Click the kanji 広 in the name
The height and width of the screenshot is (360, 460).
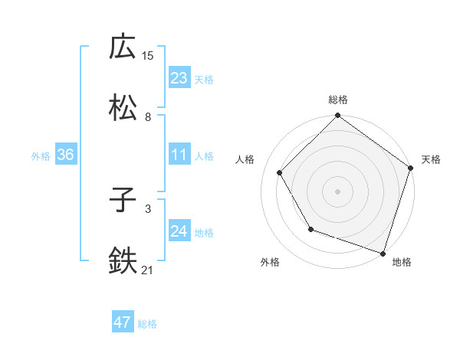pyautogui.click(x=123, y=47)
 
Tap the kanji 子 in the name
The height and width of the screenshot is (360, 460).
pyautogui.click(x=123, y=202)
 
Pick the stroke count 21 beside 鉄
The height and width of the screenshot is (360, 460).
pyautogui.click(x=148, y=269)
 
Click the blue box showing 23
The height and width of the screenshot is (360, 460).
pyautogui.click(x=179, y=78)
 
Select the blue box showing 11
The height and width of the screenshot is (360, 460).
pyautogui.click(x=179, y=155)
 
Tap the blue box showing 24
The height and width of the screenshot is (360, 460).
pyautogui.click(x=179, y=231)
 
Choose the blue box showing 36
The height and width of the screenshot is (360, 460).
pyautogui.click(x=65, y=155)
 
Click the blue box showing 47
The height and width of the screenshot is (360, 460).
pyautogui.click(x=123, y=322)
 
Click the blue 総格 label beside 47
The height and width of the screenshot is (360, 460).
pyautogui.click(x=147, y=324)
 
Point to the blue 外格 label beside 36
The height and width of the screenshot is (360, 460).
pyautogui.click(x=41, y=156)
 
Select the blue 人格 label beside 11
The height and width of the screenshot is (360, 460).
pyautogui.click(x=204, y=156)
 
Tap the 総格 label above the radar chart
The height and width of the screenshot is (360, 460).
pyautogui.click(x=338, y=100)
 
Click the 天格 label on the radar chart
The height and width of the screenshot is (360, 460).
pyautogui.click(x=432, y=159)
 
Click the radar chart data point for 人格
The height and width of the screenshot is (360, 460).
pyautogui.click(x=280, y=172)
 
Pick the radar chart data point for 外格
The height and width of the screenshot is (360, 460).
pyautogui.click(x=310, y=229)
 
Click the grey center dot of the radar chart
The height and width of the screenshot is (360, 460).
pyautogui.click(x=338, y=191)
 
